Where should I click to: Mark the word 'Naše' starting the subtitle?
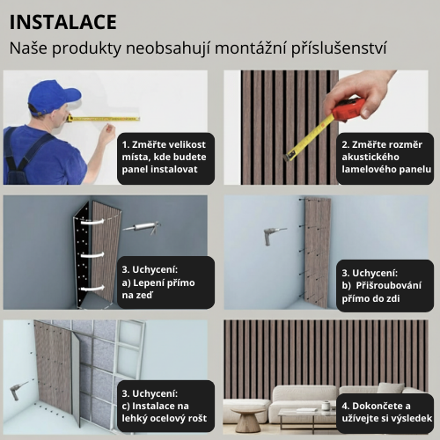[x=29, y=48]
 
